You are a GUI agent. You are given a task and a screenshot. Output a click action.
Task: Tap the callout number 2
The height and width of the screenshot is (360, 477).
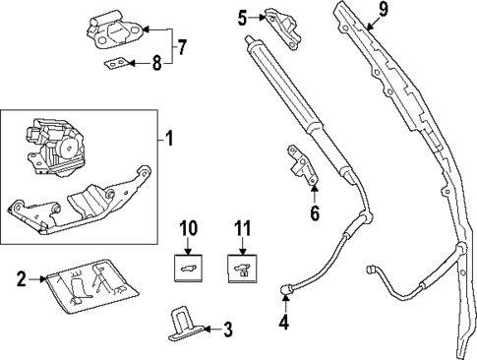coord(22,279)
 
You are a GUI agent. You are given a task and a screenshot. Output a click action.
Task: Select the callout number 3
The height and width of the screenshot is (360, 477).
coord(227,329)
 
